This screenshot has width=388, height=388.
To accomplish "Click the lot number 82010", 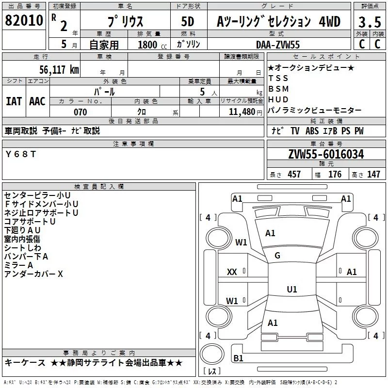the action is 24,20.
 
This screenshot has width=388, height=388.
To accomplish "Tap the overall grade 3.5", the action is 370,22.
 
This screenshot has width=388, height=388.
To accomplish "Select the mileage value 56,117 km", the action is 59,69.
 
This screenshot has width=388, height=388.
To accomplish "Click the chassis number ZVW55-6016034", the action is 326,154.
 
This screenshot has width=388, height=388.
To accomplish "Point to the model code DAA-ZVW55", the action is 278,45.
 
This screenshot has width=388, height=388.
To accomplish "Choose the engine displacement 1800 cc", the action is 152,45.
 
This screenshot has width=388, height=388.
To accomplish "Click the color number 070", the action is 81,112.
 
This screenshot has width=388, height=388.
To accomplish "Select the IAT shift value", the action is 14,101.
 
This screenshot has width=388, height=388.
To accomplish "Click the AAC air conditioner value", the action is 37,101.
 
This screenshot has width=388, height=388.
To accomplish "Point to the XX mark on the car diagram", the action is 232,272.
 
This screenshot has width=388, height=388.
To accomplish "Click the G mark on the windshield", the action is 277,256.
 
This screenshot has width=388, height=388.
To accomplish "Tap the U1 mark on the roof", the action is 292,289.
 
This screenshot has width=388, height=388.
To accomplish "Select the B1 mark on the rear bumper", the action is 238,358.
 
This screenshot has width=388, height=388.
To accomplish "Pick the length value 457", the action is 294,174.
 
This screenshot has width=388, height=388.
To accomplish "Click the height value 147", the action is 373,174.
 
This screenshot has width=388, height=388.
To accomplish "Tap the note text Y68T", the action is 21,154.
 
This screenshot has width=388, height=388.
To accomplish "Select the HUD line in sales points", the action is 278,99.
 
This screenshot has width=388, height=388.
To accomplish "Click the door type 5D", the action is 188,21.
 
